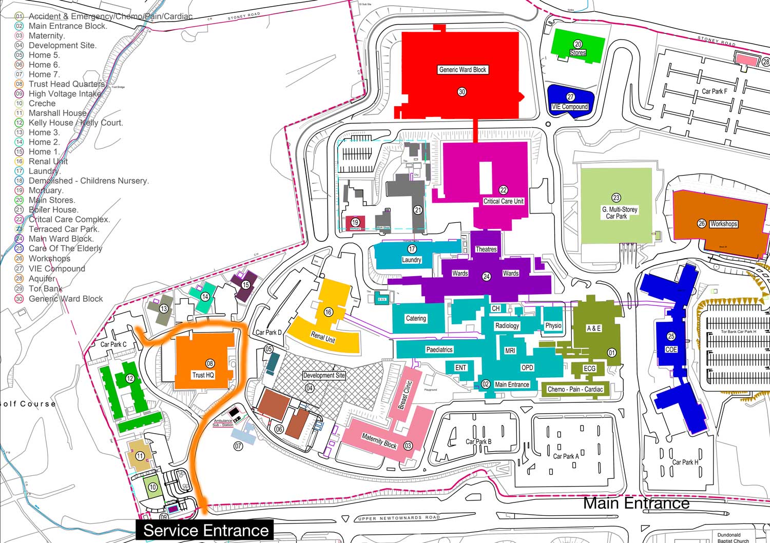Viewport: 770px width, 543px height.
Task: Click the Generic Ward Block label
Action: (463, 70)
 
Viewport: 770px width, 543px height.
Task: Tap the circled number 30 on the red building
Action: (462, 92)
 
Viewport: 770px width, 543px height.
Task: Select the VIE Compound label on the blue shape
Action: (570, 107)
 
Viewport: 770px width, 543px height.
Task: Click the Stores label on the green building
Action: (577, 53)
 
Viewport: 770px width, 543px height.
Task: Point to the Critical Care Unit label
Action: (503, 201)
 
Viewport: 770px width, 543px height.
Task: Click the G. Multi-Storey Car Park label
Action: (620, 213)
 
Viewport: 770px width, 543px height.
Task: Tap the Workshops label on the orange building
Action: (723, 224)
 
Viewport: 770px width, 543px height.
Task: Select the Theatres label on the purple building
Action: (486, 249)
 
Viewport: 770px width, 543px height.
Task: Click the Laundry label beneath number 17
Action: (411, 260)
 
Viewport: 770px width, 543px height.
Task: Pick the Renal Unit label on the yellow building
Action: (323, 337)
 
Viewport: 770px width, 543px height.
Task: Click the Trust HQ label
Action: (203, 375)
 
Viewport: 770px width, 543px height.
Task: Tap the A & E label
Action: (593, 328)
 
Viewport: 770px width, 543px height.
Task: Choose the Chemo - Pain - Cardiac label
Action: (575, 390)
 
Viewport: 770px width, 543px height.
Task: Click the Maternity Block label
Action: (379, 440)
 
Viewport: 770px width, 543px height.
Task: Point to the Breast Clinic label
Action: (405, 395)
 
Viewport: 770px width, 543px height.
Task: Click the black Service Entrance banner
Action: (205, 530)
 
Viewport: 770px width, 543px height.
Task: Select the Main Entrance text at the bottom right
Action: (636, 503)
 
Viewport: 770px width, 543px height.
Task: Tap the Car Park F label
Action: (714, 91)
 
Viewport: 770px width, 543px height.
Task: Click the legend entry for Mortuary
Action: (46, 190)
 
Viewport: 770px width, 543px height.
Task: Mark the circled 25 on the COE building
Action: (671, 337)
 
